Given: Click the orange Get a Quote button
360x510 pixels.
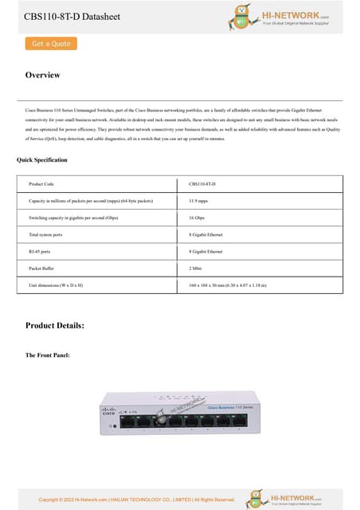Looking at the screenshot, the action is tap(51, 44).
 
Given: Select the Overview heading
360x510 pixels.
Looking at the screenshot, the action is tap(42, 75).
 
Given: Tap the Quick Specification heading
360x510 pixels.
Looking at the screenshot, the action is tap(42, 160).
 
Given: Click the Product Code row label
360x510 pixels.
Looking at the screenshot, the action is tap(41, 184).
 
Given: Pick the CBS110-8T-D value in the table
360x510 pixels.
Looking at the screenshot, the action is tap(202, 184).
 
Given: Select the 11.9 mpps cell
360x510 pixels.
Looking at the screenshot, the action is tap(198, 201).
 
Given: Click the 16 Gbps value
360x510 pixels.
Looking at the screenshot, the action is tap(197, 218).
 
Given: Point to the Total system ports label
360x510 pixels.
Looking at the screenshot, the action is tap(45, 235).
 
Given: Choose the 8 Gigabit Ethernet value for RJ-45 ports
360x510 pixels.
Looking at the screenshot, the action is tap(205, 252).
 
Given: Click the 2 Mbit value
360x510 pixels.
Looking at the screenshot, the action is tap(195, 269).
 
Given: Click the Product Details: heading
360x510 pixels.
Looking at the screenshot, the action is tap(54, 325).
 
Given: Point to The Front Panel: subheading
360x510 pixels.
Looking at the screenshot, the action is tap(47, 355).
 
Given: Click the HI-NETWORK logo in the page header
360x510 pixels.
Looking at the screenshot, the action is tap(280, 16).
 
